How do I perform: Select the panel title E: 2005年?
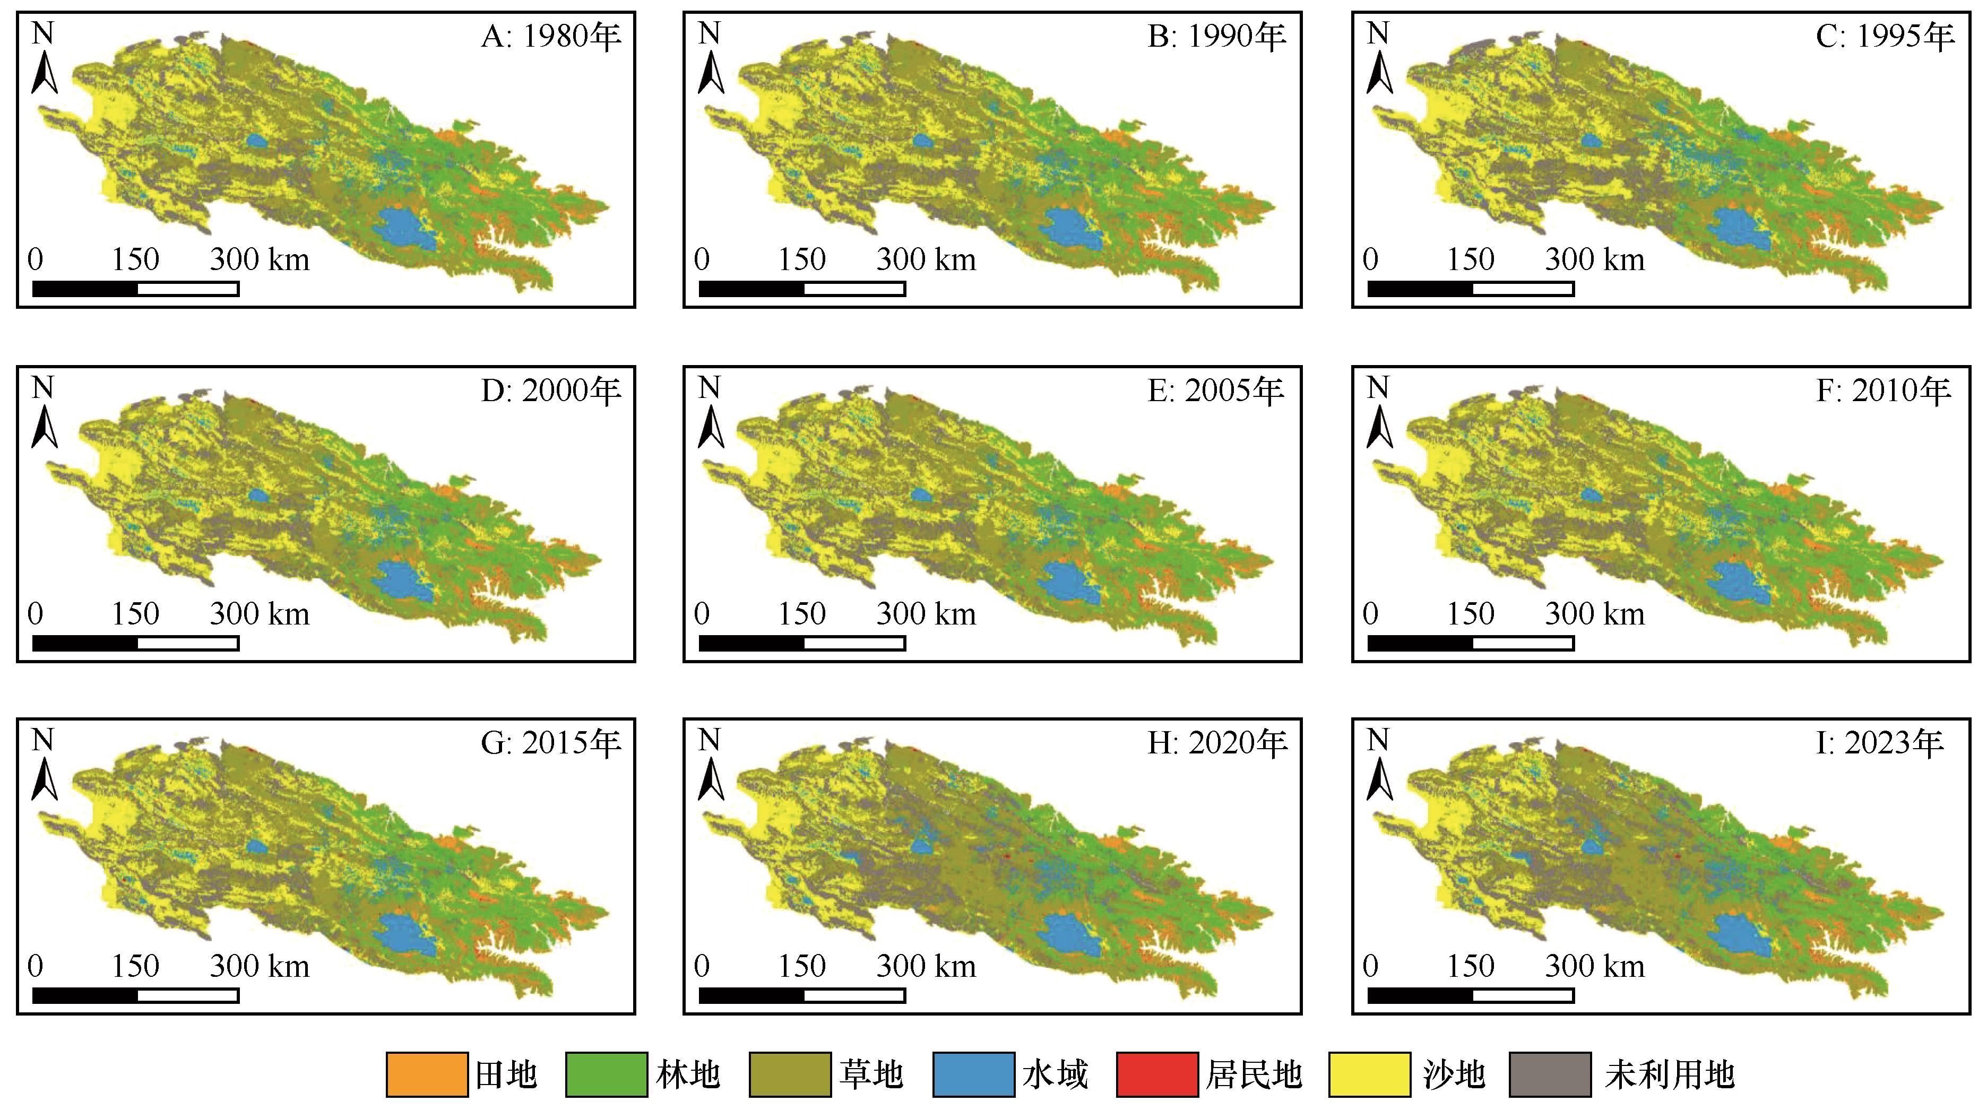[1216, 391]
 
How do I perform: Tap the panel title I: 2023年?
[1880, 743]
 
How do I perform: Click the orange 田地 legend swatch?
[427, 1074]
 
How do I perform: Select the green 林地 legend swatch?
[606, 1074]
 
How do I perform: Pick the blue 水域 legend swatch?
[973, 1074]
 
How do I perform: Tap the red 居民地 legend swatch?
[1156, 1074]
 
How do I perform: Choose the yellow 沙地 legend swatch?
[1369, 1074]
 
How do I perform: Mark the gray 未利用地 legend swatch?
[1550, 1074]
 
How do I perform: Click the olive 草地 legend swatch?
[789, 1074]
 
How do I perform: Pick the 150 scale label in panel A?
[136, 260]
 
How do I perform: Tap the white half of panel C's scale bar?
[1523, 289]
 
